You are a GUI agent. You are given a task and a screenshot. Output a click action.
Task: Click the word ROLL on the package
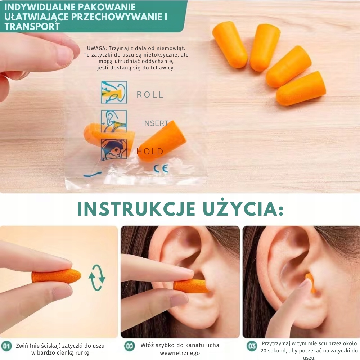tap(150, 95)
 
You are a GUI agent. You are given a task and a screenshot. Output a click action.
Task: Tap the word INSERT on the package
tap(155, 123)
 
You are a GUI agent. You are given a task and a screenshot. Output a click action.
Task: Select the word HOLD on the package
tap(150, 152)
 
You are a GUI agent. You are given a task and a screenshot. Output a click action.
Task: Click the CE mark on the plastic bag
tap(161, 168)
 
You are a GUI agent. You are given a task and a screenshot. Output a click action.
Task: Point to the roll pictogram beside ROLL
tap(114, 92)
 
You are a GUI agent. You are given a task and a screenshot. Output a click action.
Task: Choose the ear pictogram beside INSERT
tap(114, 121)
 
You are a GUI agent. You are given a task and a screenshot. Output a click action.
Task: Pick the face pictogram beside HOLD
tap(114, 150)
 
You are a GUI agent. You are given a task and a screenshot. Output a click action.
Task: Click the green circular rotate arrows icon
tap(97, 278)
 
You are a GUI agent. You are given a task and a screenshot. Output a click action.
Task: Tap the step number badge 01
tap(6, 346)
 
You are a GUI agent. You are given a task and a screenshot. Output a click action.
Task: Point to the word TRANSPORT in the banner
tap(32, 27)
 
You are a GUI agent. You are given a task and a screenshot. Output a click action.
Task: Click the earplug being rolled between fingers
tap(57, 276)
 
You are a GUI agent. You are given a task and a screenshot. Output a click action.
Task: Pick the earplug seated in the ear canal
tap(311, 284)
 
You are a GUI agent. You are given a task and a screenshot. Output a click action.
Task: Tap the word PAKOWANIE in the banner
tap(107, 7)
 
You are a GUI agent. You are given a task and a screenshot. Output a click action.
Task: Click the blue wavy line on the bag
tap(92, 174)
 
